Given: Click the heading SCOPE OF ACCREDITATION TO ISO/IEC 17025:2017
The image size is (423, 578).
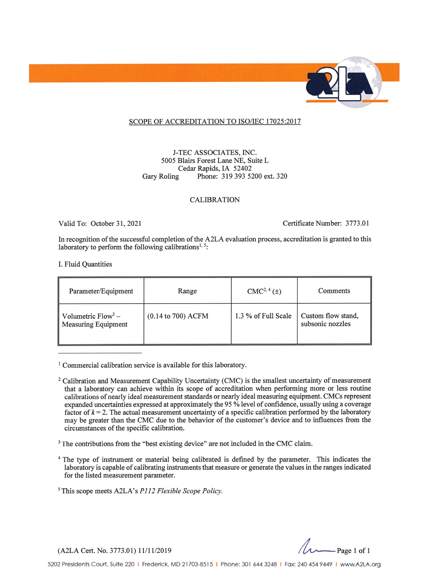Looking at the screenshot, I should tap(215, 122).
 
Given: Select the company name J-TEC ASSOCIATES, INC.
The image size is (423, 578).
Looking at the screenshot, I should tap(215, 153).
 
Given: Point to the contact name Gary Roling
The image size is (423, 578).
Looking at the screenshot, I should tap(161, 176).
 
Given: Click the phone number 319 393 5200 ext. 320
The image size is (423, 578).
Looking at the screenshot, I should tap(254, 176).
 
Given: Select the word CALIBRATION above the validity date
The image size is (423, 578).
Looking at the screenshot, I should tap(215, 200).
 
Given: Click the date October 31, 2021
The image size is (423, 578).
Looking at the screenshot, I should tap(116, 224).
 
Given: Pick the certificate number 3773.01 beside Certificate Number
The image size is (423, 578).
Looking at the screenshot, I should tap(357, 223).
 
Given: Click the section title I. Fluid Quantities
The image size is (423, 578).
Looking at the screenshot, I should tap(85, 264).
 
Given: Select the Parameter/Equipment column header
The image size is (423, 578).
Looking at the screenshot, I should tap(101, 291).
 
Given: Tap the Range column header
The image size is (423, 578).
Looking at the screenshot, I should tap(187, 291).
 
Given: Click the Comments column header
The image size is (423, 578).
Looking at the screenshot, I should tap(334, 291).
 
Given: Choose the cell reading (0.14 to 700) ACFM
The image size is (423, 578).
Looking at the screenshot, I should tap(178, 316).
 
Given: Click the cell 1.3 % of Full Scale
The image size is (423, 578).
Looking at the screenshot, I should tap(263, 316).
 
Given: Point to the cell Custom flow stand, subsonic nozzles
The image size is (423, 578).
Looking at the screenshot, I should tap(329, 320).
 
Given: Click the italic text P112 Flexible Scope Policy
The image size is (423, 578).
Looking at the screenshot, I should tap(181, 491).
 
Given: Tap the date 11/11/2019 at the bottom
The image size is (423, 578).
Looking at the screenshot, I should tap(154, 551).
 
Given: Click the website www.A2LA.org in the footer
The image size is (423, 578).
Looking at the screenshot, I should tap(360, 565).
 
